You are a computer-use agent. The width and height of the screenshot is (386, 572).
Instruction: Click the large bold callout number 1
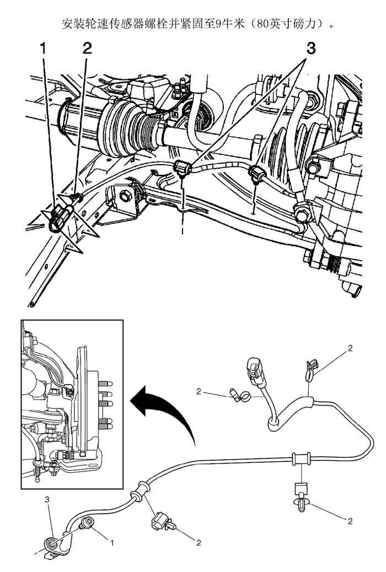[44, 48]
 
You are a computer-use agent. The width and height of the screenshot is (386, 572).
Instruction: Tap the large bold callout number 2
[87, 48]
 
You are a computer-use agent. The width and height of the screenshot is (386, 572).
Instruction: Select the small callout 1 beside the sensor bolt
[112, 543]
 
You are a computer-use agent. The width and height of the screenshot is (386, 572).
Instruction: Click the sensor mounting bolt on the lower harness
[87, 523]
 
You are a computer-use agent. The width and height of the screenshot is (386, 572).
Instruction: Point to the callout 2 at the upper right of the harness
[350, 348]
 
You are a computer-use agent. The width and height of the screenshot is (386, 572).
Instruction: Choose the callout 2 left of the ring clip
[199, 391]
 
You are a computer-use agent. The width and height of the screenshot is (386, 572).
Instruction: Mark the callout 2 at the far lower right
[350, 521]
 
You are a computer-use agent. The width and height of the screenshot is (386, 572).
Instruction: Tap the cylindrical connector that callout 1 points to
[60, 218]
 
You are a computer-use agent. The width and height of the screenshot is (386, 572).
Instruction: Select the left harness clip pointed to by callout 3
[182, 168]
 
